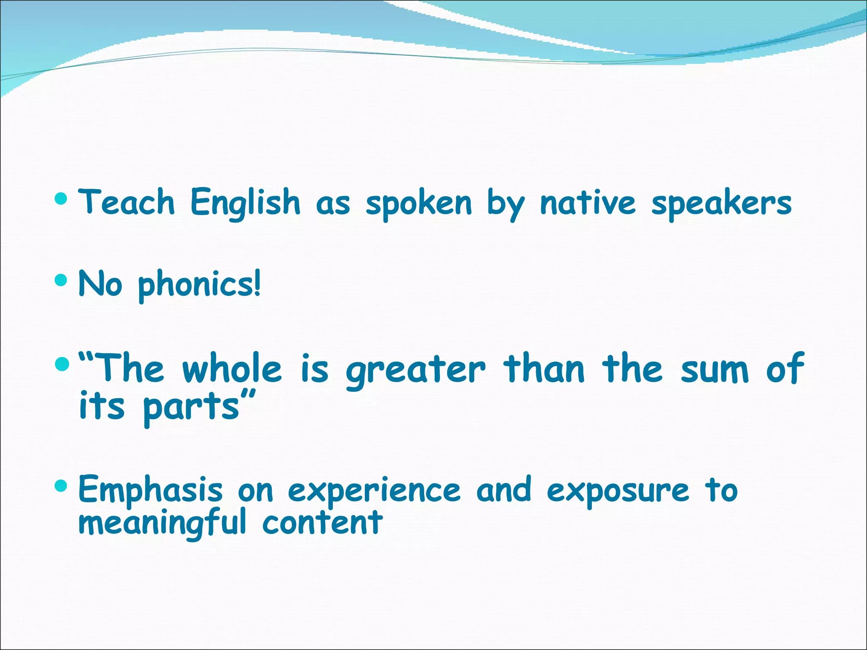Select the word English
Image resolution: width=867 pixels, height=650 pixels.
(246, 203)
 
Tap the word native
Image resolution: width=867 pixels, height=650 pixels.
(588, 203)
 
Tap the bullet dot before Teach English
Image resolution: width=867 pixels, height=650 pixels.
(61, 198)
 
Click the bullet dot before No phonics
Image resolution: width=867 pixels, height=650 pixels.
(61, 280)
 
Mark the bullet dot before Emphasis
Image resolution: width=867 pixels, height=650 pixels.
(61, 486)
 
